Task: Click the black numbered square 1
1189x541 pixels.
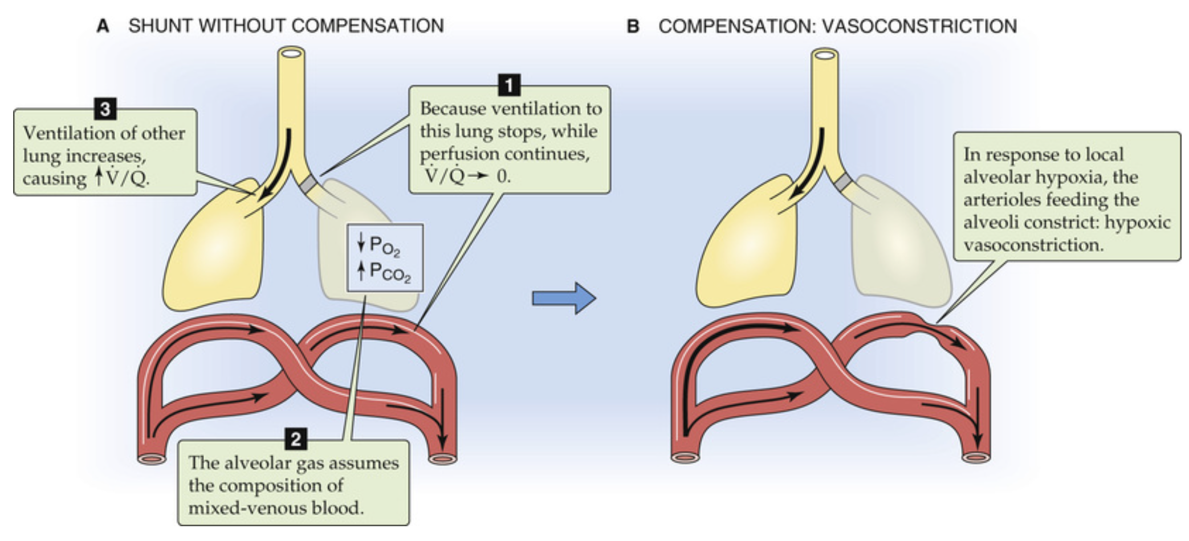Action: point(509,85)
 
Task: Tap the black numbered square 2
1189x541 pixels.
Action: point(296,439)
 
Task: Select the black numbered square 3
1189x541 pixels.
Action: point(105,108)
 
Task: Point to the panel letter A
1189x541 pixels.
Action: point(103,26)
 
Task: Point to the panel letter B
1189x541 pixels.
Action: point(633,26)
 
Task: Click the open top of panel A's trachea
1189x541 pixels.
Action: point(291,54)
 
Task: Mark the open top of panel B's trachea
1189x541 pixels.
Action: point(825,55)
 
